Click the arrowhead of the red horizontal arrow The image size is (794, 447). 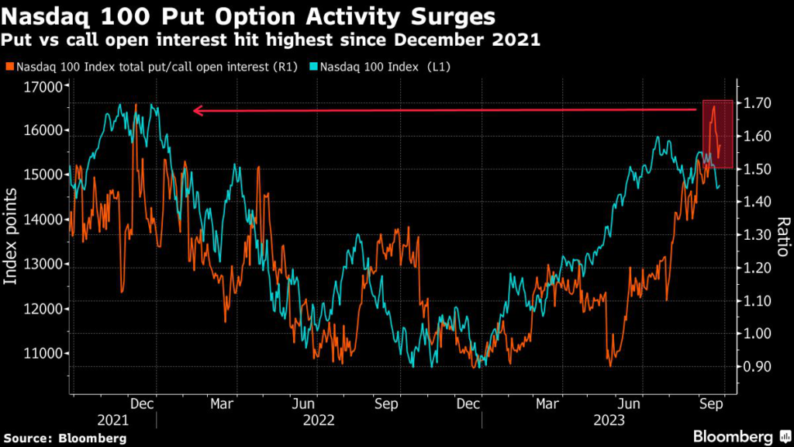tap(197, 111)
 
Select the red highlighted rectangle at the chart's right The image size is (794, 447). tap(717, 133)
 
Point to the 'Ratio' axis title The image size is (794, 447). tap(782, 237)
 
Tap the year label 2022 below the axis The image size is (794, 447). tap(318, 420)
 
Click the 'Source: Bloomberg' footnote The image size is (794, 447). tap(65, 438)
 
